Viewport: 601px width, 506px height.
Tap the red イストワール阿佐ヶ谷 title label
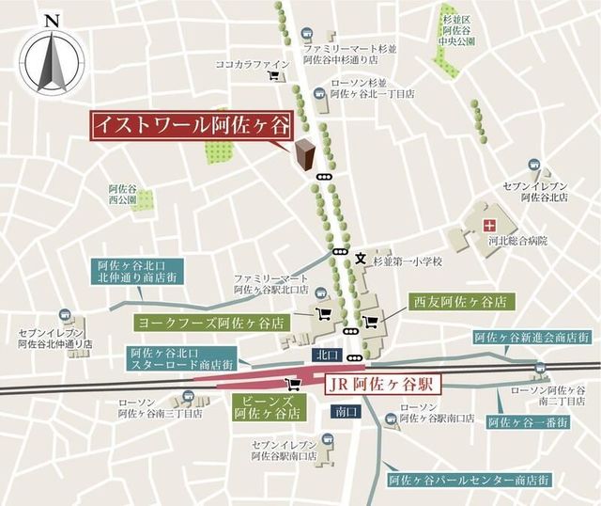point(191,125)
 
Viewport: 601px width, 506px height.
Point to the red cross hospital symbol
point(488,225)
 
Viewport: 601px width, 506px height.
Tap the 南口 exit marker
point(343,411)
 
